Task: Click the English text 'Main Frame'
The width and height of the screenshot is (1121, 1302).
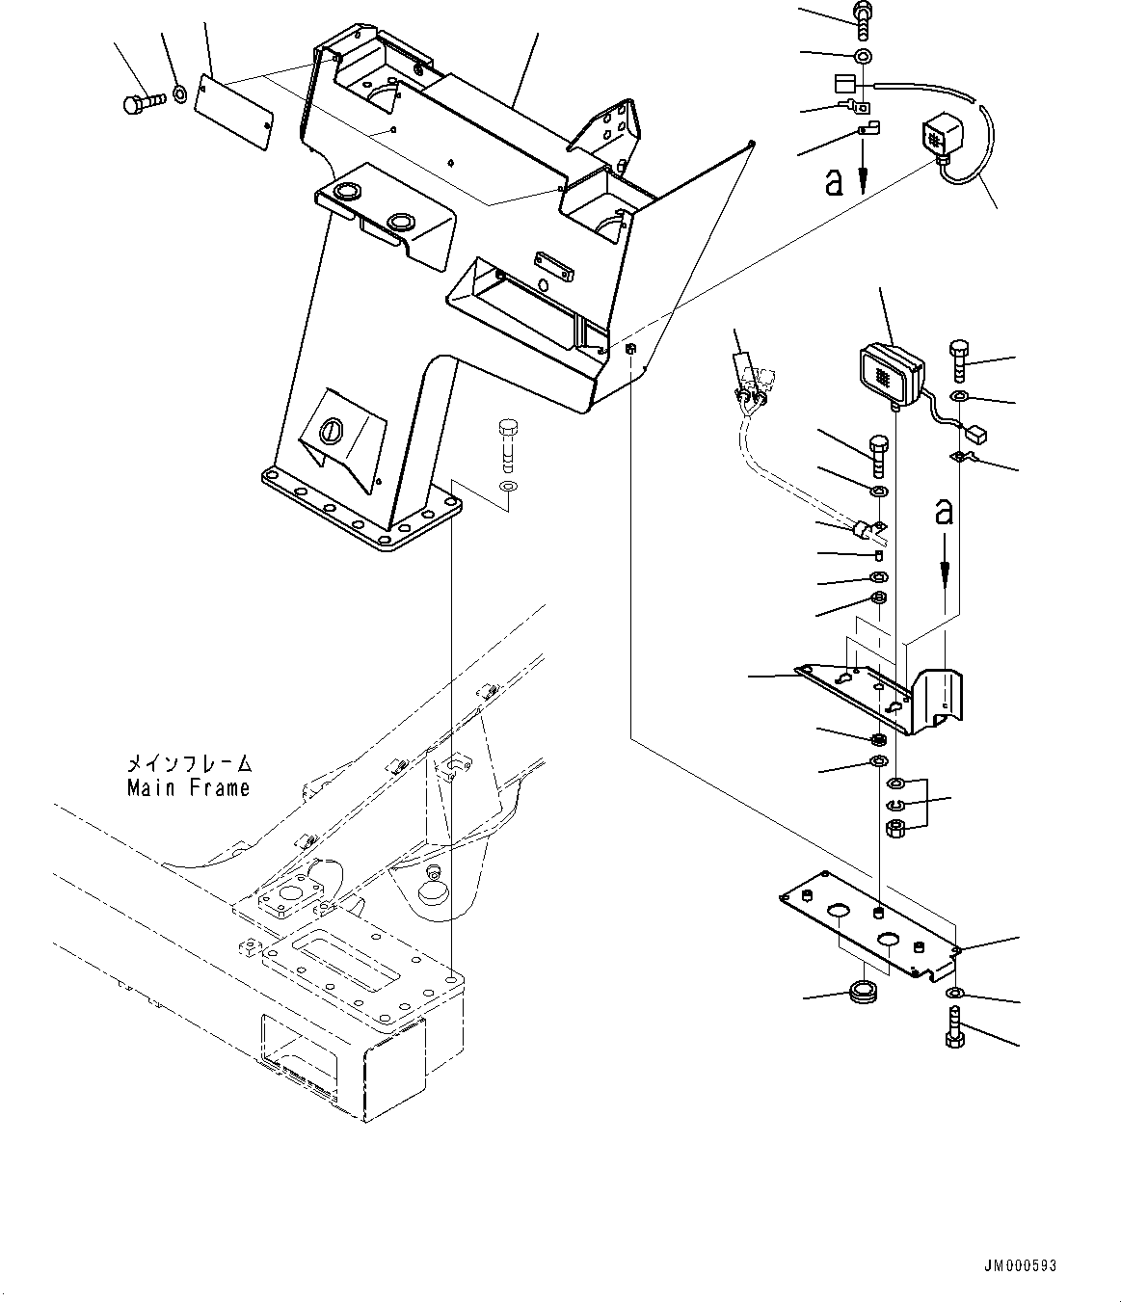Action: pyautogui.click(x=189, y=787)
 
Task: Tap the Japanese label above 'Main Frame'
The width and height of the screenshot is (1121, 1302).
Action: pyautogui.click(x=189, y=763)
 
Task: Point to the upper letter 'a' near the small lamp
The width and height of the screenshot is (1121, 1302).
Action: pyautogui.click(x=834, y=182)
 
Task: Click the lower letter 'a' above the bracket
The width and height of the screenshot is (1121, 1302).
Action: pyautogui.click(x=944, y=512)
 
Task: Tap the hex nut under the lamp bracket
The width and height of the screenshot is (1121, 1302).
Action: pyautogui.click(x=895, y=828)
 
